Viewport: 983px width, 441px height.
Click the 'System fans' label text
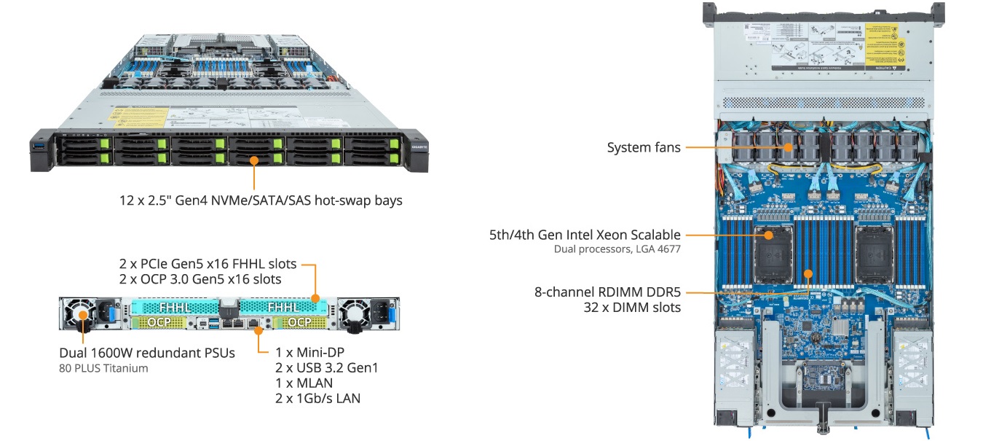644,148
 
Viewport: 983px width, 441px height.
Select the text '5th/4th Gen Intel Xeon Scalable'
585,235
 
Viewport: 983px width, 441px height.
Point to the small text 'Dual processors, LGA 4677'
617,249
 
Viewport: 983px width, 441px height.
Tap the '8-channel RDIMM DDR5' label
607,292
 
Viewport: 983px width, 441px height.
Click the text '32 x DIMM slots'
633,308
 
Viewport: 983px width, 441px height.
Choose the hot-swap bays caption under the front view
261,200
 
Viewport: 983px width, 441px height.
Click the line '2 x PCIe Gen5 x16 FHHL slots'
208,264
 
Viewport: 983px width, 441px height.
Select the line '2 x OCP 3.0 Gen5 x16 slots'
200,279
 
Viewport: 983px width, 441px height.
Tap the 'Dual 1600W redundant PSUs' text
147,353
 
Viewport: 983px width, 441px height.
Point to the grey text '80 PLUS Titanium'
103,368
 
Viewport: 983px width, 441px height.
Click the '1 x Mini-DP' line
309,353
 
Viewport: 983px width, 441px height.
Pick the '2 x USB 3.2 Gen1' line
326,368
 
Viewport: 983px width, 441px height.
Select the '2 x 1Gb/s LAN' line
317,398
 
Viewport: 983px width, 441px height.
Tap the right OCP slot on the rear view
298,321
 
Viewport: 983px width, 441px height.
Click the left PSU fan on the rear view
82,316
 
